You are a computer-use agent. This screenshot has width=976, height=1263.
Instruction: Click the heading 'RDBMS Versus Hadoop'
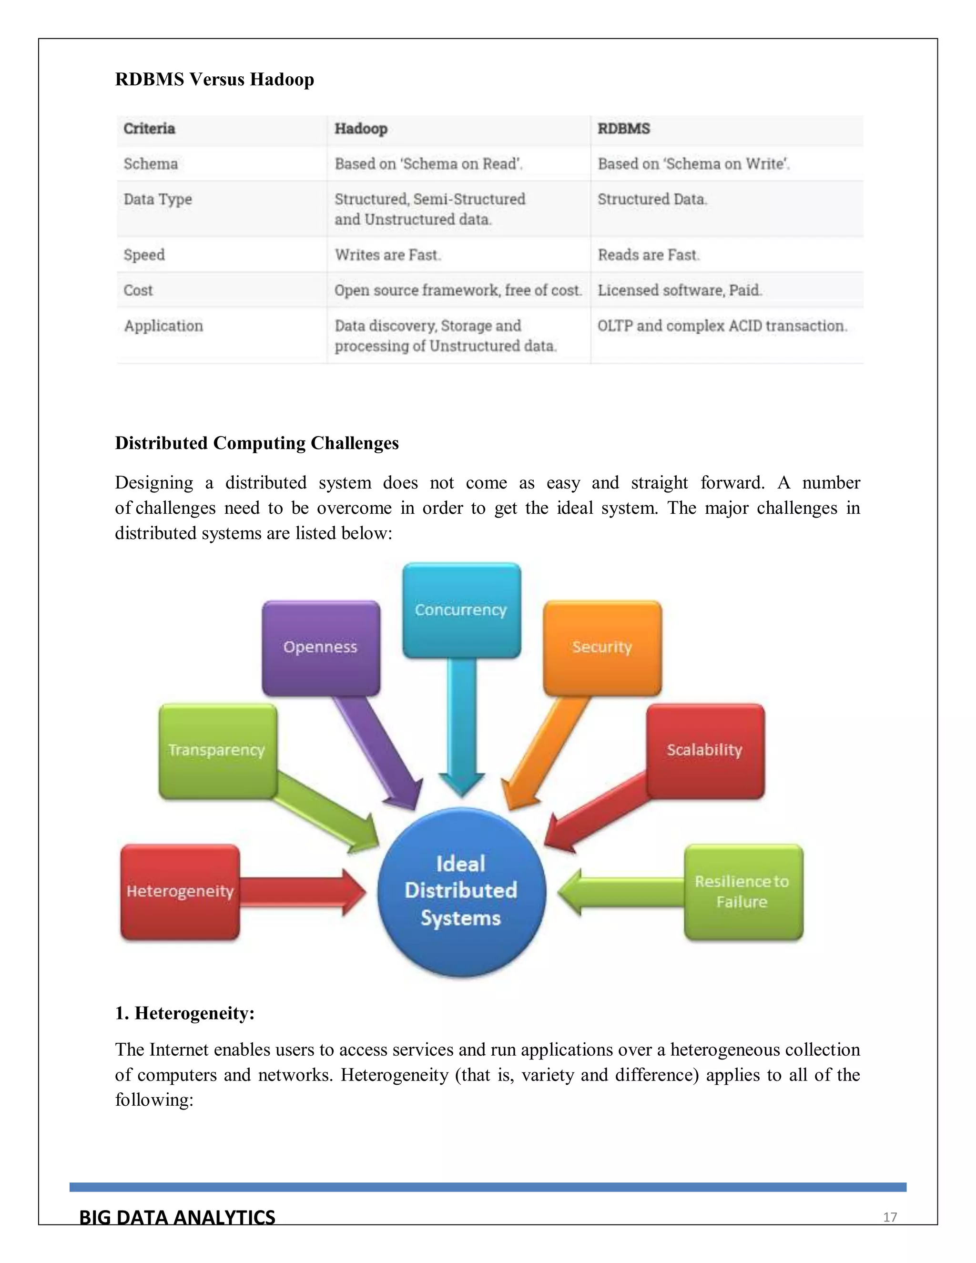pos(214,79)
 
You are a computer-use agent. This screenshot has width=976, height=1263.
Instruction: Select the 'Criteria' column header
pos(149,128)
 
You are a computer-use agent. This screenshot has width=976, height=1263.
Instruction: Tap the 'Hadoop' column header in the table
pos(361,128)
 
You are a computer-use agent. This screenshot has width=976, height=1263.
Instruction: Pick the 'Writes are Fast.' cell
pos(387,255)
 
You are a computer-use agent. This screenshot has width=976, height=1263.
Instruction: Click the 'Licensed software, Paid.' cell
pos(680,290)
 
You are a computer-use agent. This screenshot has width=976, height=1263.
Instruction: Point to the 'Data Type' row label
pos(158,200)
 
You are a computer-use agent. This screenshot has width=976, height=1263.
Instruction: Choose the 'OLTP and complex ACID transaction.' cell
pos(722,326)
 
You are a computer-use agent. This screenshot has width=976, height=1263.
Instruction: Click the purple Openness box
pos(321,648)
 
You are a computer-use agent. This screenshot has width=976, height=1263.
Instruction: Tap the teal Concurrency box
pos(461,611)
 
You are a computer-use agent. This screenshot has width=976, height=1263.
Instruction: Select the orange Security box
pos(602,648)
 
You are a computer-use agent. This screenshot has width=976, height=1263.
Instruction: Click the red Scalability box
pos(705,751)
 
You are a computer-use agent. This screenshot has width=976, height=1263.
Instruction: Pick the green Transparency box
pos(217,751)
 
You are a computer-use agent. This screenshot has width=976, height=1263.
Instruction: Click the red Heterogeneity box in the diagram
pos(180,891)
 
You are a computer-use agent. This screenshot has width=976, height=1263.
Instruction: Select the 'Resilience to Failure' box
pos(743,891)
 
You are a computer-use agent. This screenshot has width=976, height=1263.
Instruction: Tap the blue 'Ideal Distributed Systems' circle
pos(461,891)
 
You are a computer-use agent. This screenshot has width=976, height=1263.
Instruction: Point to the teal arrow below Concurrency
pos(461,729)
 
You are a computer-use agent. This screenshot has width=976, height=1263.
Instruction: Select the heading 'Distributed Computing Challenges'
pos(257,443)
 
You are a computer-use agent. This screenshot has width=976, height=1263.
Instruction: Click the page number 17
pos(890,1217)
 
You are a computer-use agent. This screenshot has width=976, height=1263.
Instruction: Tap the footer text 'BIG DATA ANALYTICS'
pos(177,1217)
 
